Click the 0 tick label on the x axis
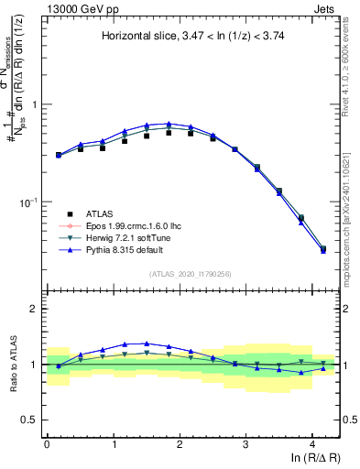[x=47, y=443]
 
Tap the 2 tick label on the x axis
[x=180, y=443]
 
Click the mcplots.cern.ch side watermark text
[x=352, y=211]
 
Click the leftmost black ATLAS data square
[x=59, y=155]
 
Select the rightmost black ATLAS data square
[x=322, y=249]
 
